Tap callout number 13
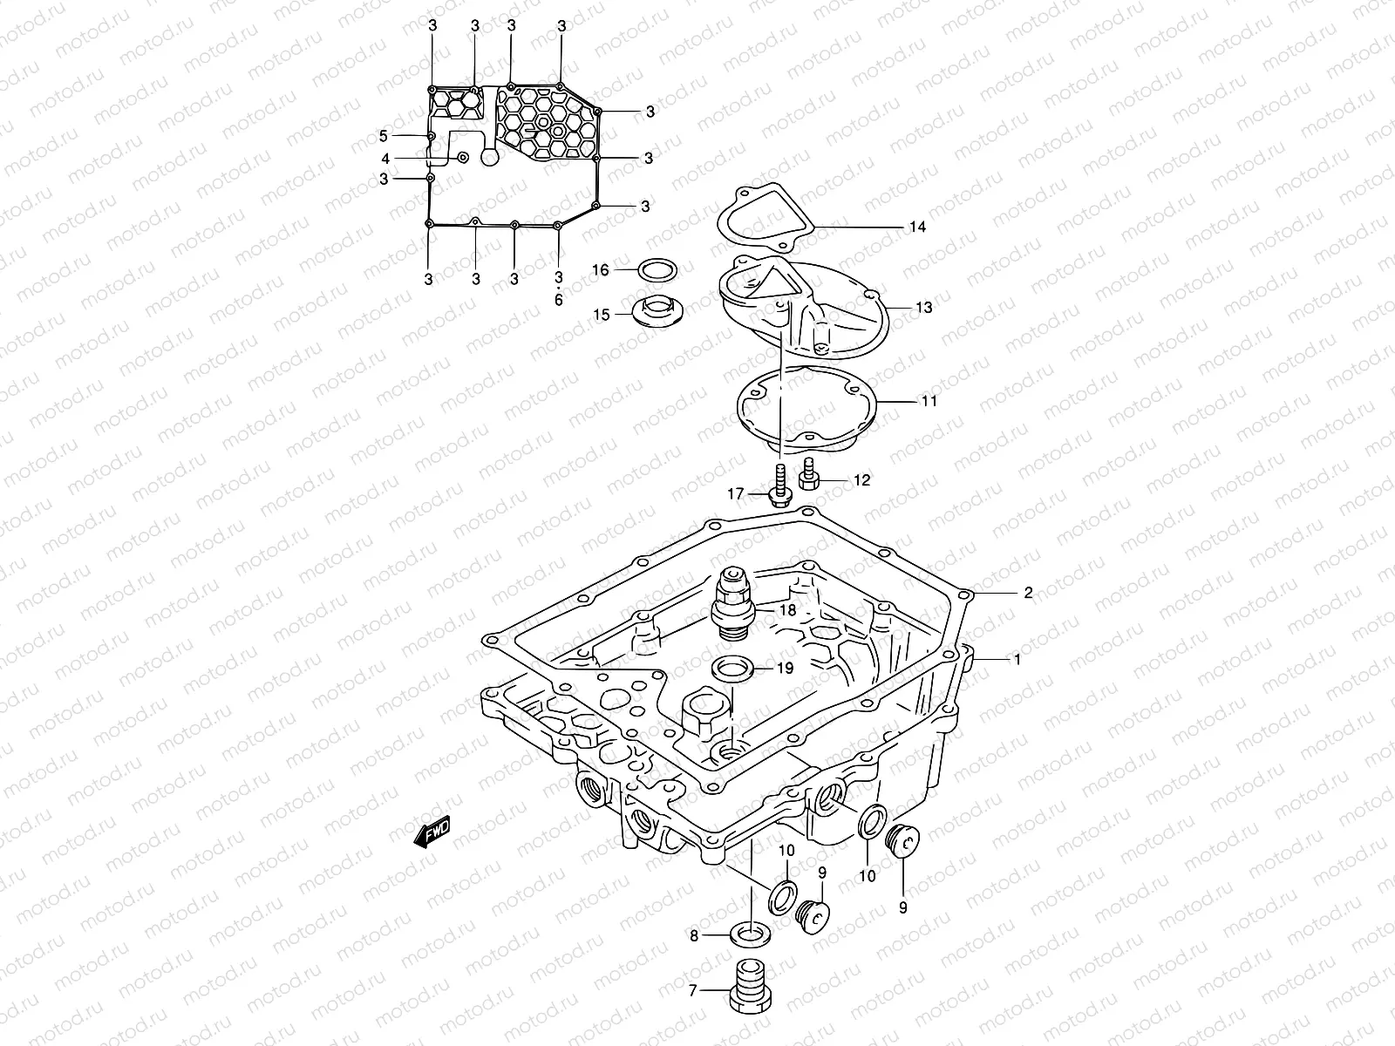click(x=924, y=308)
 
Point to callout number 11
click(x=929, y=402)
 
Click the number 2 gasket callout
click(x=1028, y=593)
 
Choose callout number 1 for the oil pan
click(x=1017, y=660)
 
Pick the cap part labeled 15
click(x=657, y=312)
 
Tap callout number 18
click(x=787, y=610)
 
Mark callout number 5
click(x=383, y=136)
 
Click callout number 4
click(x=384, y=159)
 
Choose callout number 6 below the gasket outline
click(x=559, y=299)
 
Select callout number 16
click(x=601, y=270)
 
